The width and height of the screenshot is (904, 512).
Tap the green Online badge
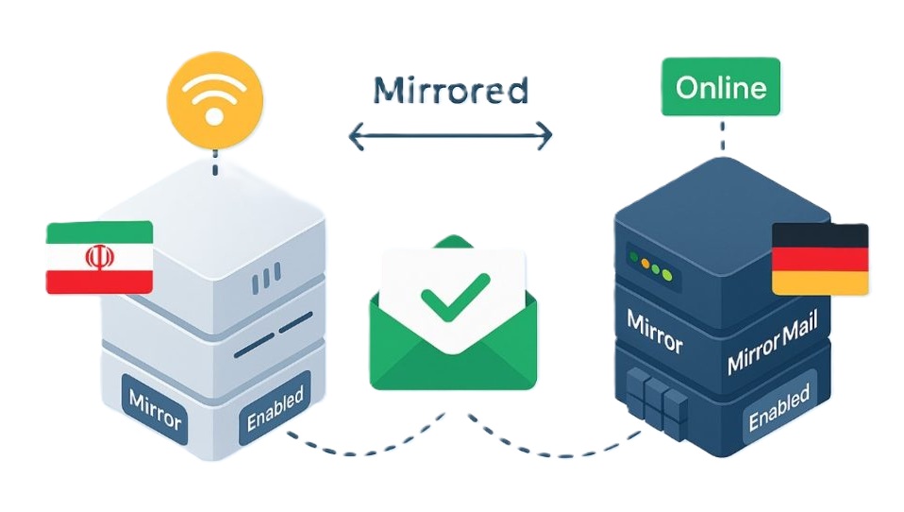(721, 89)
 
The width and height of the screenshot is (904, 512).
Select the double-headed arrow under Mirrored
(450, 137)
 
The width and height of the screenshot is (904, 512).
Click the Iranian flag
(99, 256)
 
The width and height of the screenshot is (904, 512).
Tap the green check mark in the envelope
(454, 294)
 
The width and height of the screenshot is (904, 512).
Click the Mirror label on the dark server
(654, 332)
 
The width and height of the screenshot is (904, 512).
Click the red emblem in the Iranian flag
(98, 256)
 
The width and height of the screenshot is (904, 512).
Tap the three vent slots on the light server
(267, 278)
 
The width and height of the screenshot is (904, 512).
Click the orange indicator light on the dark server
(648, 267)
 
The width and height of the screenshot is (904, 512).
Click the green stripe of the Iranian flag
(99, 231)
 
